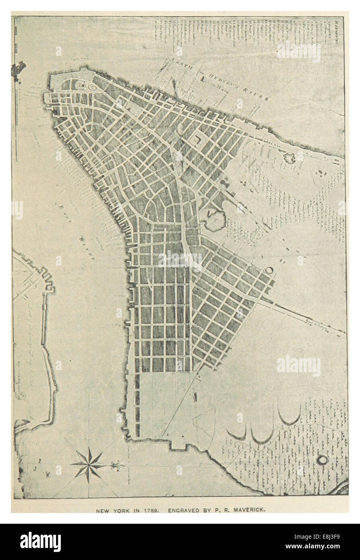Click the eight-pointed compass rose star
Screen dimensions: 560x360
88,465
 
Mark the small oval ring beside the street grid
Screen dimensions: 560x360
269,271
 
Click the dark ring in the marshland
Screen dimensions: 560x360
323,459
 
